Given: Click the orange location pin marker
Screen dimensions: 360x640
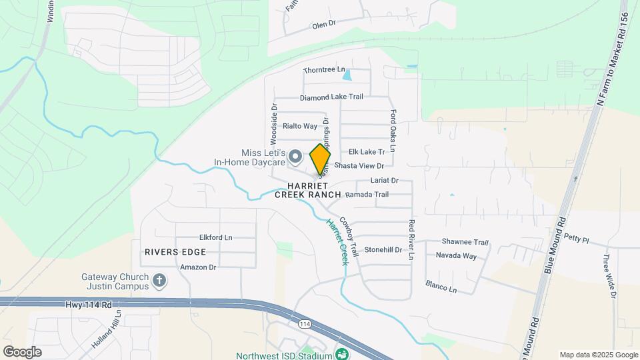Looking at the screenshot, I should (320, 159).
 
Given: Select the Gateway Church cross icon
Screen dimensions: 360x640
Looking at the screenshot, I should (159, 280).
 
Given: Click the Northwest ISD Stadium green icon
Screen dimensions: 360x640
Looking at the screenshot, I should (342, 354).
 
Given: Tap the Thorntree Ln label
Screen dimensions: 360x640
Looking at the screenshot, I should (325, 69).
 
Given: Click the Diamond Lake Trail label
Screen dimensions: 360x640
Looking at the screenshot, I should (331, 97).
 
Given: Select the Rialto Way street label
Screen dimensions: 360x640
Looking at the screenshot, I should (299, 125).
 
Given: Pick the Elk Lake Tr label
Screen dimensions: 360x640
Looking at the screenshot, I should (372, 152).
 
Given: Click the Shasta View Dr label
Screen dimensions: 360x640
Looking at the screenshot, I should (360, 165).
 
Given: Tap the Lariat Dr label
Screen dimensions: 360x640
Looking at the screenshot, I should (383, 180).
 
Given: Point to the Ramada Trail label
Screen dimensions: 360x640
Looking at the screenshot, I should (367, 195).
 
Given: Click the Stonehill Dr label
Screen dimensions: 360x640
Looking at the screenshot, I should (383, 250).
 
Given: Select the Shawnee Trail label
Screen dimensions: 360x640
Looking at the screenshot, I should (465, 242).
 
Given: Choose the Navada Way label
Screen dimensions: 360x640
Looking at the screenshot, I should (456, 255).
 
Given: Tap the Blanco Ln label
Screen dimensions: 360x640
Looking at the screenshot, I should (441, 287).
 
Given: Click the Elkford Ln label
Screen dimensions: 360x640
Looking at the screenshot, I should (216, 237).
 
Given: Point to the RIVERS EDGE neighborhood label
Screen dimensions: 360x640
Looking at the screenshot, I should (175, 252).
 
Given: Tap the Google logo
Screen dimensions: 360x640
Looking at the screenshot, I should (22, 352).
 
